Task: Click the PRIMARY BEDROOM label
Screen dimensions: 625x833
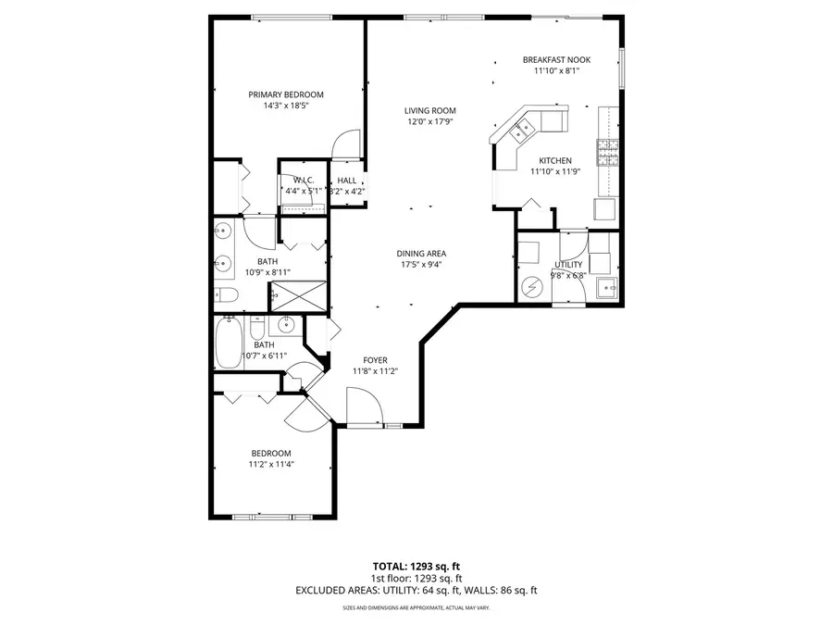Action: click(285, 94)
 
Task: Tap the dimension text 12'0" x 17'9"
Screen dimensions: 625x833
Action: click(430, 121)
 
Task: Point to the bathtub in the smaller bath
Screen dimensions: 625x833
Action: click(227, 344)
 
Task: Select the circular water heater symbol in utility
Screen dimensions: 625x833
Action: click(531, 286)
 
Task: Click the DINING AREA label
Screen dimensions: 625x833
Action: click(421, 254)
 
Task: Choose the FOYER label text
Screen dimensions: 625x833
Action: click(376, 360)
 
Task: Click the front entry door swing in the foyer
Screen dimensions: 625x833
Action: click(363, 405)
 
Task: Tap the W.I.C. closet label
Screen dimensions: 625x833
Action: click(305, 180)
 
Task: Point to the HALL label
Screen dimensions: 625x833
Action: click(347, 181)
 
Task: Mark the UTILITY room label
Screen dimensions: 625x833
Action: click(568, 264)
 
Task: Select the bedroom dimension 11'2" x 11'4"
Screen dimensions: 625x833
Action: click(270, 465)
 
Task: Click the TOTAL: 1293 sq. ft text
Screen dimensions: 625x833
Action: click(416, 565)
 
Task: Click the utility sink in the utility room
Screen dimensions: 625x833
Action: click(607, 286)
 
